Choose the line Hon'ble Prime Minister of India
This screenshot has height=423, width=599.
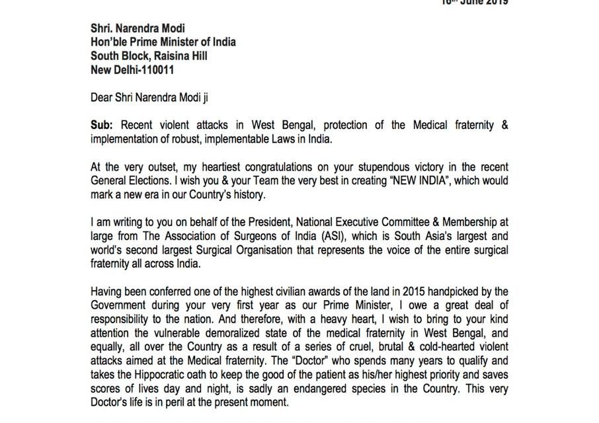click(163, 42)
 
